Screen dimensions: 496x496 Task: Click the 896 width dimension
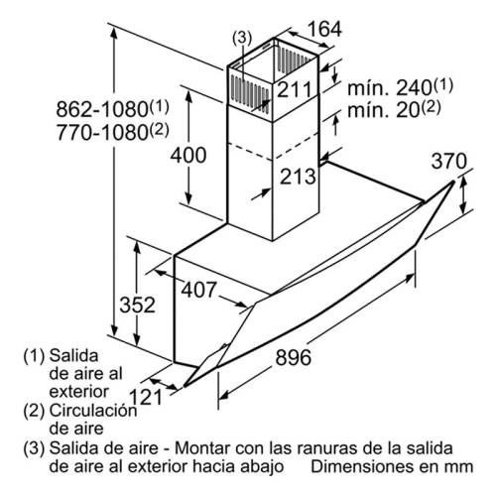click(x=294, y=357)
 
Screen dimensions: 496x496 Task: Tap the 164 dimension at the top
click(x=324, y=29)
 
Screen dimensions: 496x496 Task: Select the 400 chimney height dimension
click(x=188, y=155)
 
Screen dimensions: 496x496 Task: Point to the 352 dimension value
click(x=137, y=305)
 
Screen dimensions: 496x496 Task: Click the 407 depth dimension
click(x=198, y=290)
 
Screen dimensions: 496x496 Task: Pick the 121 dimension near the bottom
click(x=146, y=397)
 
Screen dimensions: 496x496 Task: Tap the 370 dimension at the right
click(x=449, y=161)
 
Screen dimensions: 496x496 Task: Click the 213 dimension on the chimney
click(x=298, y=177)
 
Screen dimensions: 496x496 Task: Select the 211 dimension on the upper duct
click(x=294, y=89)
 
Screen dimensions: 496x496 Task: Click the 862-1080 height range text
click(x=112, y=108)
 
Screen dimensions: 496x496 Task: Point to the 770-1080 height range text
click(x=112, y=132)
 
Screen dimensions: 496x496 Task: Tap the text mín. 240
click(x=400, y=87)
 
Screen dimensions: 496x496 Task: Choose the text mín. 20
click(x=394, y=110)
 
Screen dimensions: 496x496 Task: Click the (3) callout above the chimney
click(x=242, y=38)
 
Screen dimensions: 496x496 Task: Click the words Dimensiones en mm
click(x=392, y=466)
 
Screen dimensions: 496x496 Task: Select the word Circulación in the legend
click(x=93, y=411)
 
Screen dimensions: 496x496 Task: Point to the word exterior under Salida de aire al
click(x=78, y=392)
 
